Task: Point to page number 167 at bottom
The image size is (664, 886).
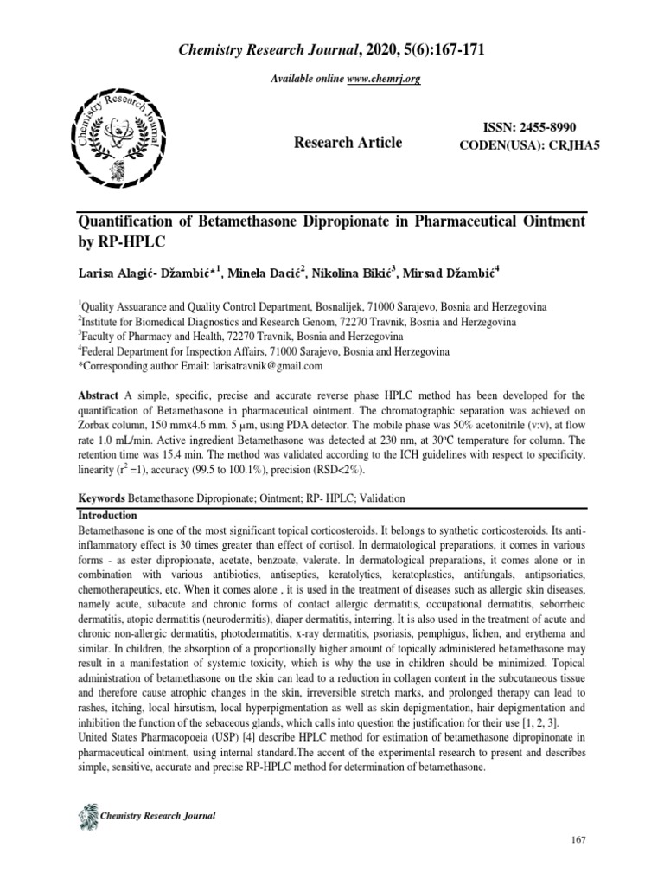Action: tap(582, 865)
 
